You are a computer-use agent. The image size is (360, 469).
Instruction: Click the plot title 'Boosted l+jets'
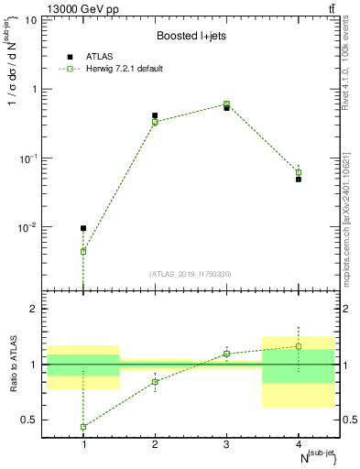191,36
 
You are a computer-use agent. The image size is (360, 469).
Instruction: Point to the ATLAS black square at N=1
83,228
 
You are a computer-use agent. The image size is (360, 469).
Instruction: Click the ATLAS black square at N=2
155,115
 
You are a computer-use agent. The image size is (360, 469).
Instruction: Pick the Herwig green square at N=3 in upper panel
226,104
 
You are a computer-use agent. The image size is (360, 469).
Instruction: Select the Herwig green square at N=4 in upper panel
299,172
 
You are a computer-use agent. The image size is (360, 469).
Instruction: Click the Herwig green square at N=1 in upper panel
83,251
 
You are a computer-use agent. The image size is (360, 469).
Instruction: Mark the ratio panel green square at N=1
83,427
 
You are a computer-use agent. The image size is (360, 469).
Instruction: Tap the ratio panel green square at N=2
155,381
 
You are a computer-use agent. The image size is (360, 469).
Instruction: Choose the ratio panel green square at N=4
299,346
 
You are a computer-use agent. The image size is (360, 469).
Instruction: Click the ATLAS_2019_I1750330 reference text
191,274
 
